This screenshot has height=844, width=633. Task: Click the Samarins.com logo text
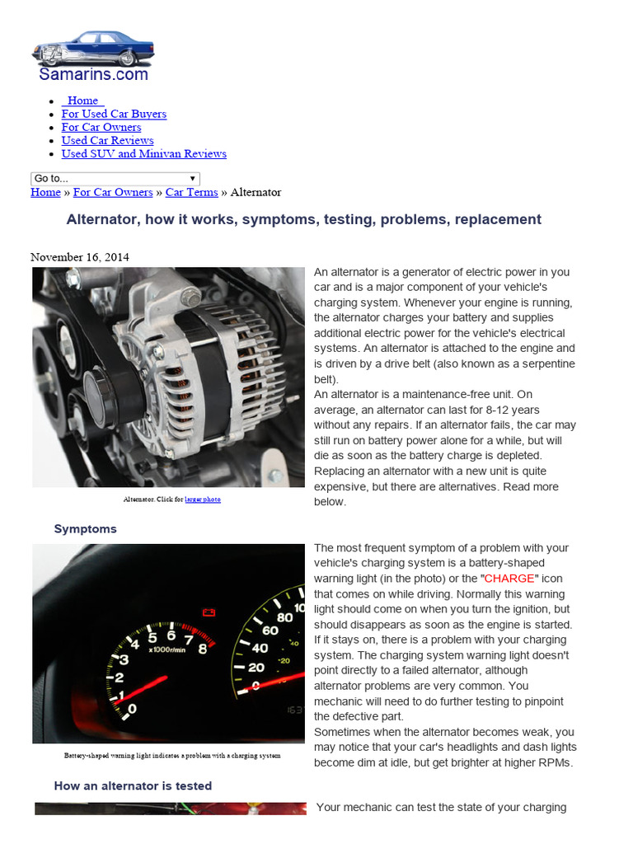point(93,74)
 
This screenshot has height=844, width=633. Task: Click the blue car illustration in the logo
point(92,48)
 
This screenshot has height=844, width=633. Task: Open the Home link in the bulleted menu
point(82,101)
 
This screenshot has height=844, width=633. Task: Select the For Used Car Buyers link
point(114,114)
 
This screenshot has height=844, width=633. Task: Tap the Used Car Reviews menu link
point(107,140)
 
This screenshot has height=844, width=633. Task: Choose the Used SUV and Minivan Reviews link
point(143,153)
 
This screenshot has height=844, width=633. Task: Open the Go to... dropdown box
point(115,178)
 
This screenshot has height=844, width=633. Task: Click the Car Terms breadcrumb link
point(191,192)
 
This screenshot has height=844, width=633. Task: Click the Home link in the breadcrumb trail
point(45,192)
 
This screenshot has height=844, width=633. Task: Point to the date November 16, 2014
point(80,257)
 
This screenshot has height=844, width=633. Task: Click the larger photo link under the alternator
point(203,499)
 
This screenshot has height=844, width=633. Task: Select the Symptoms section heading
point(86,529)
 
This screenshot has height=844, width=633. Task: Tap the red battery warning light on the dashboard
point(209,612)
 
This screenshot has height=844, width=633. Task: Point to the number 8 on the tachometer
point(202,648)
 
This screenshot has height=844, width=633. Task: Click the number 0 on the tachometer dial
point(133,708)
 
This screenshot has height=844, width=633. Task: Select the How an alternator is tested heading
point(133,786)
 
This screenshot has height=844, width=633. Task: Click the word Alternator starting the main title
point(98,219)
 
